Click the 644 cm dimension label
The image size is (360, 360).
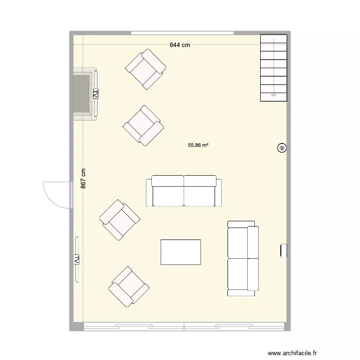[x=180, y=45]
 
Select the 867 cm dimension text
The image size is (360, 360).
[x=84, y=178]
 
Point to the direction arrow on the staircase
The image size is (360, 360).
[x=274, y=95]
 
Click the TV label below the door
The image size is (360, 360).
[x=76, y=260]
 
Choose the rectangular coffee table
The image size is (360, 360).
[x=180, y=252]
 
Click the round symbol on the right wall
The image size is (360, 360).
[x=281, y=148]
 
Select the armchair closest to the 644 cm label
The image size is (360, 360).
[x=145, y=69]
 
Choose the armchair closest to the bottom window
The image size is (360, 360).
[x=129, y=286]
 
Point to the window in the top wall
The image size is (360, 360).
[x=182, y=33]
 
